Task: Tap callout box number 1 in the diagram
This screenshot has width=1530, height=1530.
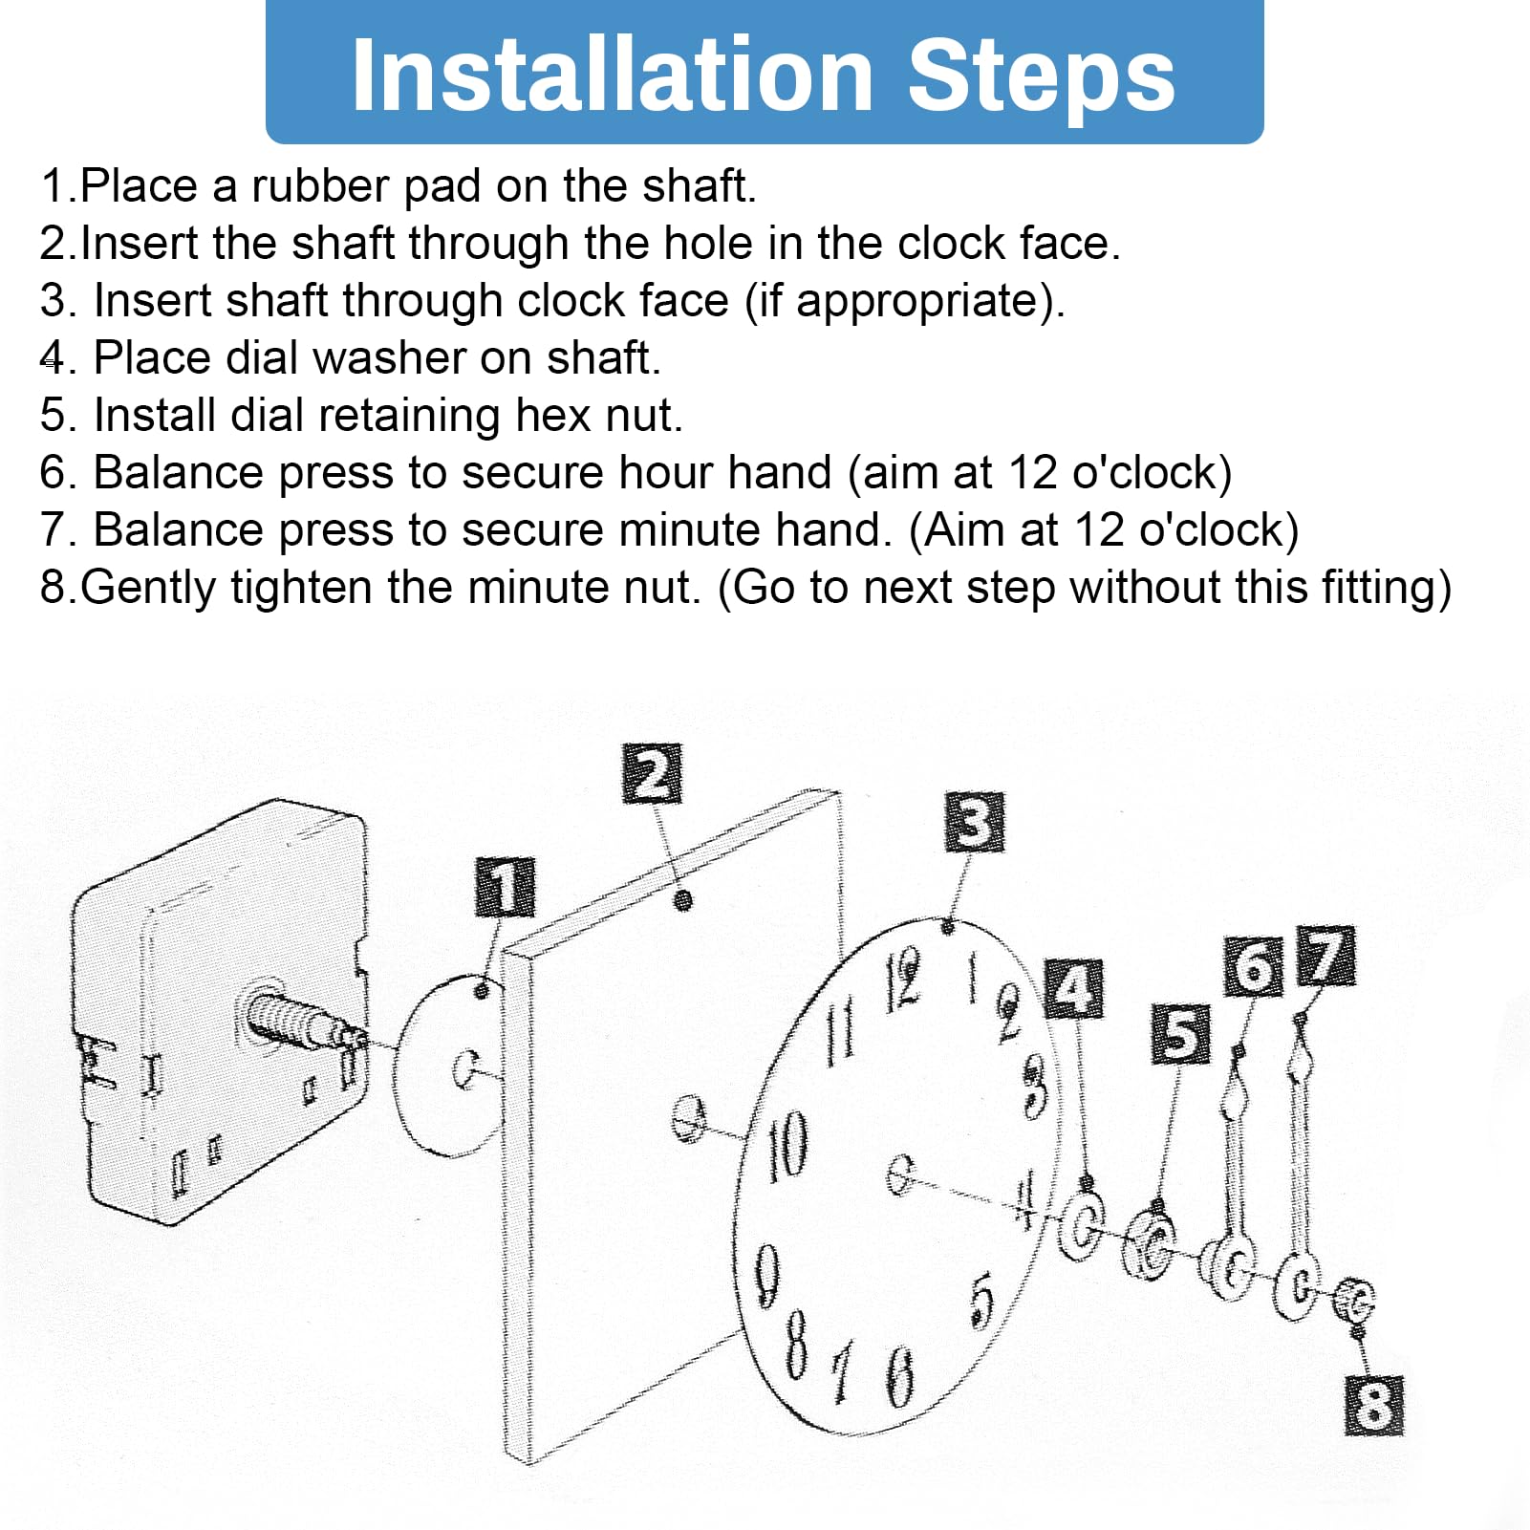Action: point(505,886)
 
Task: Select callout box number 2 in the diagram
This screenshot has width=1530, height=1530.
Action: point(653,773)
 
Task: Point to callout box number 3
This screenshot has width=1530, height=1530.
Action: point(975,821)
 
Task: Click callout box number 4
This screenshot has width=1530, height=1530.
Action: point(1075,988)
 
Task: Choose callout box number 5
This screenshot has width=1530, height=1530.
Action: point(1181,1033)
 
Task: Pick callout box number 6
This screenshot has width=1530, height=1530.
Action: point(1253,966)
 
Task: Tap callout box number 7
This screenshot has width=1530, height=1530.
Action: point(1326,955)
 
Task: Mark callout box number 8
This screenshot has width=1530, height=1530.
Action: point(1374,1405)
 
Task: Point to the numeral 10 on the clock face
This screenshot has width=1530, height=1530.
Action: point(787,1145)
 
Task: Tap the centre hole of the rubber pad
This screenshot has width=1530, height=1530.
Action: point(466,1070)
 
